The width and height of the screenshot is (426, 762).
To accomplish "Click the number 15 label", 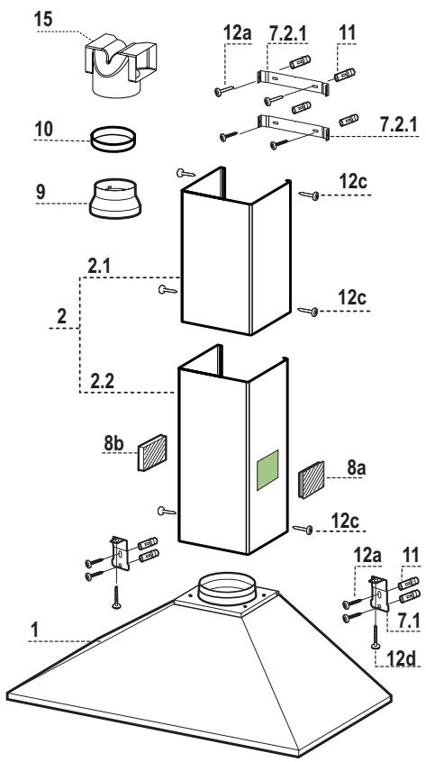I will [43, 19].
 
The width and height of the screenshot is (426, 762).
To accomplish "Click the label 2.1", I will [101, 267].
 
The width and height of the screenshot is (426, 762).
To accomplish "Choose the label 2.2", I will [101, 384].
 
